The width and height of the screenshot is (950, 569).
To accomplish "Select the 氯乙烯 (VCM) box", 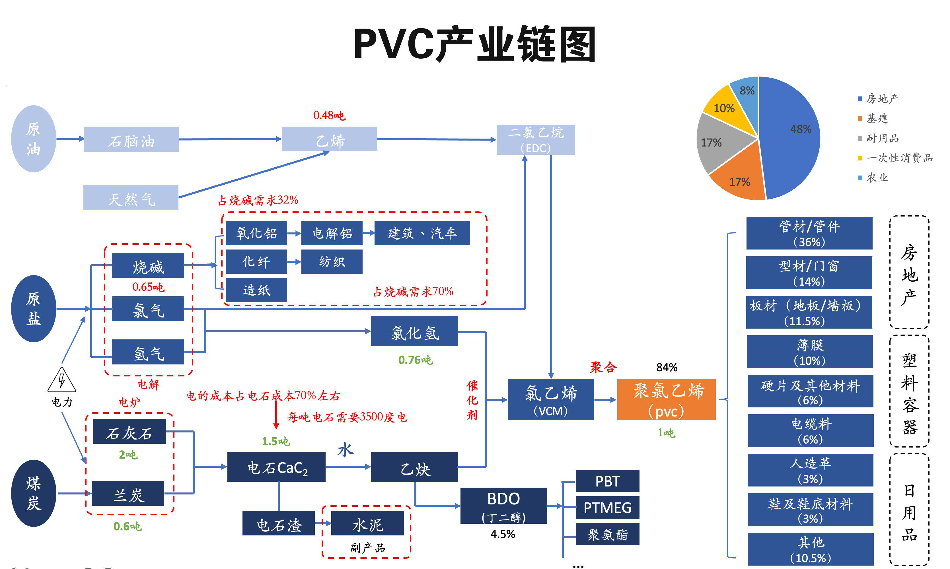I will (550, 399).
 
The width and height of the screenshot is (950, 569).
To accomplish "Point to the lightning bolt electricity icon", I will (61, 380).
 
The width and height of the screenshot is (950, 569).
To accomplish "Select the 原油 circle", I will (34, 139).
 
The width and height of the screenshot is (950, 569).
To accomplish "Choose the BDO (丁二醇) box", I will (503, 505).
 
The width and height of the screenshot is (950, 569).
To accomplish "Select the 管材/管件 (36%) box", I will (809, 233).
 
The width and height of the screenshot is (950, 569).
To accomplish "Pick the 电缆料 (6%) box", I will (810, 430).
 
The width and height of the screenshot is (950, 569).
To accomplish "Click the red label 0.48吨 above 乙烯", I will (329, 116).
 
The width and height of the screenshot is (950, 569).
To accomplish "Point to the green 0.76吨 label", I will (415, 360).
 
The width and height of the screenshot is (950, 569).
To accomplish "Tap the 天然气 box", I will (131, 197).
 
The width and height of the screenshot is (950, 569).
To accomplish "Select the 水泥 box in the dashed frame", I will (367, 523).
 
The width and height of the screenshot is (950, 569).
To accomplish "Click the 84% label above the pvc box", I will (667, 367).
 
